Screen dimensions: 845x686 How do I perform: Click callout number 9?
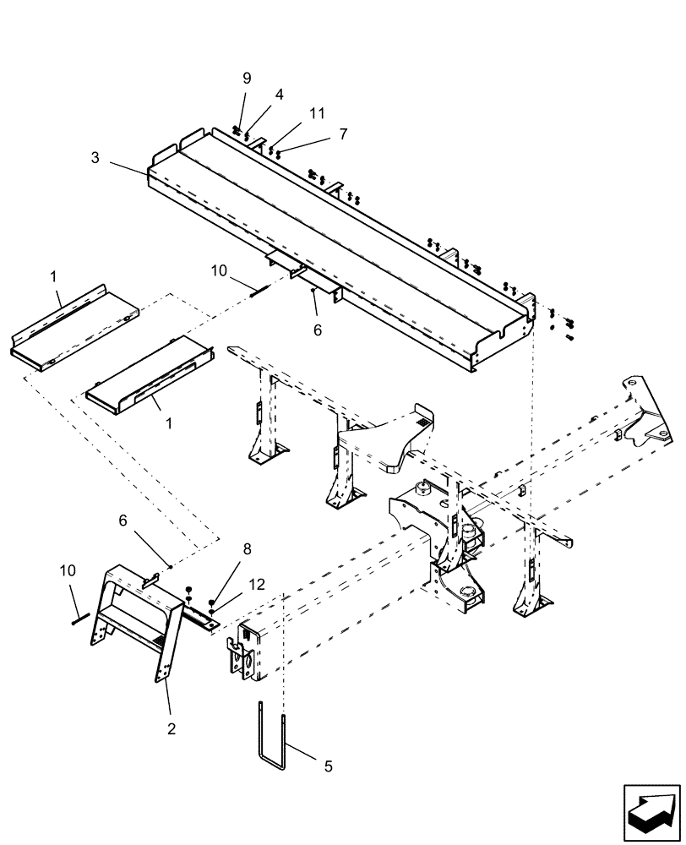point(247,78)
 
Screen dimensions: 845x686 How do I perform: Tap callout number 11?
point(293,112)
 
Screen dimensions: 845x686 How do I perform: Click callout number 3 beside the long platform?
point(95,157)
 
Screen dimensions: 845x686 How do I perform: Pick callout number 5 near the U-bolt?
point(328,766)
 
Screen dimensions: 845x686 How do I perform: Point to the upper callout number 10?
point(219,270)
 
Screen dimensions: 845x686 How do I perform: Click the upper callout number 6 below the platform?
point(318,330)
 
